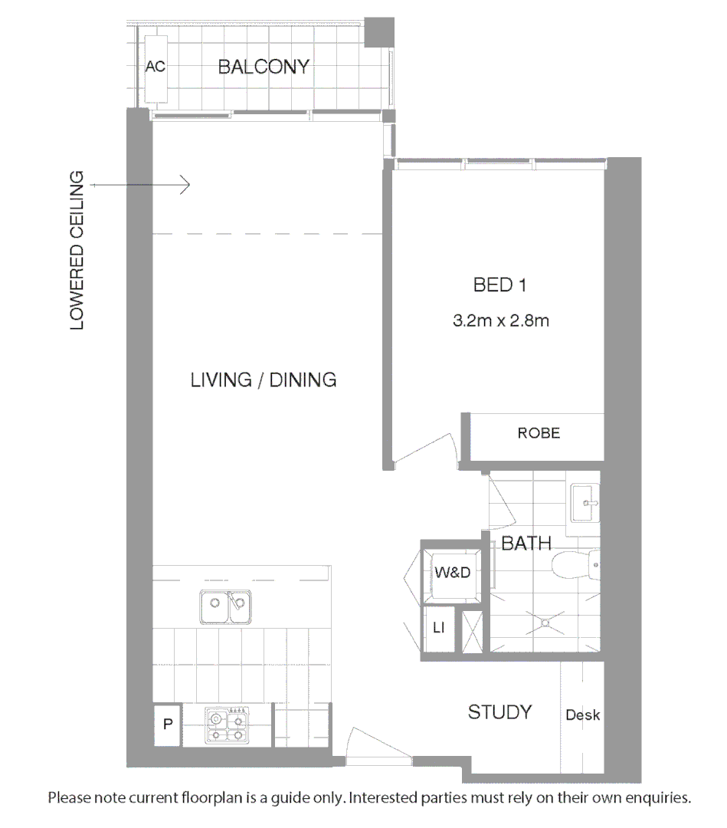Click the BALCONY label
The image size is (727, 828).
[264, 67]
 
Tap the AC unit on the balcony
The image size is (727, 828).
[156, 67]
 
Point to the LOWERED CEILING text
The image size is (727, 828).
[77, 251]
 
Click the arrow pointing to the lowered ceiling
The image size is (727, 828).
[139, 185]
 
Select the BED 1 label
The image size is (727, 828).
[499, 285]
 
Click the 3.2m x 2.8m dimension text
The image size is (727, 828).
[500, 321]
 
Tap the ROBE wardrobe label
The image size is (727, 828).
[539, 433]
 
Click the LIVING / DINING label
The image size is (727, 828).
[264, 379]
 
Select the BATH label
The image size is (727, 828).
[526, 544]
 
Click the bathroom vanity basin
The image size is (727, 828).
[588, 503]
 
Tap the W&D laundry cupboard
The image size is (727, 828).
[451, 572]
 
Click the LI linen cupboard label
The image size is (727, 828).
[439, 629]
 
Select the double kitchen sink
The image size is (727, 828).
[225, 607]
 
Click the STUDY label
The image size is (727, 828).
[499, 712]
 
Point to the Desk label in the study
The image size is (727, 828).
[582, 715]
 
